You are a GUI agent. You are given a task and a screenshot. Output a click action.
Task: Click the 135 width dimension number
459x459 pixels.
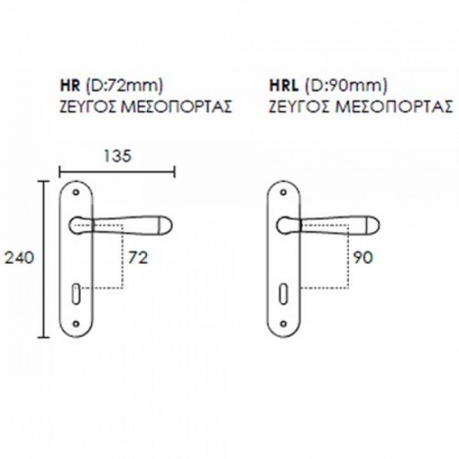pos(118,156)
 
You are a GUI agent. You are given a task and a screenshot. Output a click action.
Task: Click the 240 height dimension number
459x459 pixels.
pos(19,258)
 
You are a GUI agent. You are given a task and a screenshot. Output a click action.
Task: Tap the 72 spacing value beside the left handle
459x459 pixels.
pos(139,258)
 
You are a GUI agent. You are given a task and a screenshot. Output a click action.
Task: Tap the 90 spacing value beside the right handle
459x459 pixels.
pos(363,258)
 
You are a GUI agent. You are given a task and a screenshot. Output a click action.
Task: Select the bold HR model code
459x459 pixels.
pos(70,86)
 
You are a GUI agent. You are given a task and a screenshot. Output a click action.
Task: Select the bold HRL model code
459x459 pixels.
pos(284,86)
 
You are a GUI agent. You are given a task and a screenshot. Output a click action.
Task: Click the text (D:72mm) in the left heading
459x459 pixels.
pos(124,86)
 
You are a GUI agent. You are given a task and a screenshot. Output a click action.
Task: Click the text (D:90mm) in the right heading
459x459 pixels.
pos(346,86)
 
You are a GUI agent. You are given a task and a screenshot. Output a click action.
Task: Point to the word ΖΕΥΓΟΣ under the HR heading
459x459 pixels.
pos(88,107)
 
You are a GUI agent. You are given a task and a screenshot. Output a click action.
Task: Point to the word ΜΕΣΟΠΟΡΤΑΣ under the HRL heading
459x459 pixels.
pos(394,107)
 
